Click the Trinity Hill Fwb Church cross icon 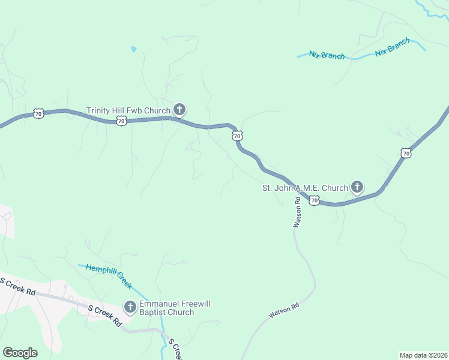(179, 110)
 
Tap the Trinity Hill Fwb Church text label (128, 110)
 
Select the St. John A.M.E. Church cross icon (357, 188)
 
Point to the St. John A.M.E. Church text (305, 188)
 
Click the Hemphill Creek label (108, 276)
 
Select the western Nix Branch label (327, 55)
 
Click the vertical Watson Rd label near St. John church (296, 212)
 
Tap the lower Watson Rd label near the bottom (283, 311)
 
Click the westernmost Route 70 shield (39, 113)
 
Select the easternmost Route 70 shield (406, 154)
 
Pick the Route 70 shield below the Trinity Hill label (121, 121)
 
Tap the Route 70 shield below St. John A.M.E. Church (314, 200)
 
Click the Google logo (20, 352)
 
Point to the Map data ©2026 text (423, 355)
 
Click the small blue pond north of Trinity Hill (133, 49)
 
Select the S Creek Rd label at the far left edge (17, 286)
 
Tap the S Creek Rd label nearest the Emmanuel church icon (105, 315)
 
